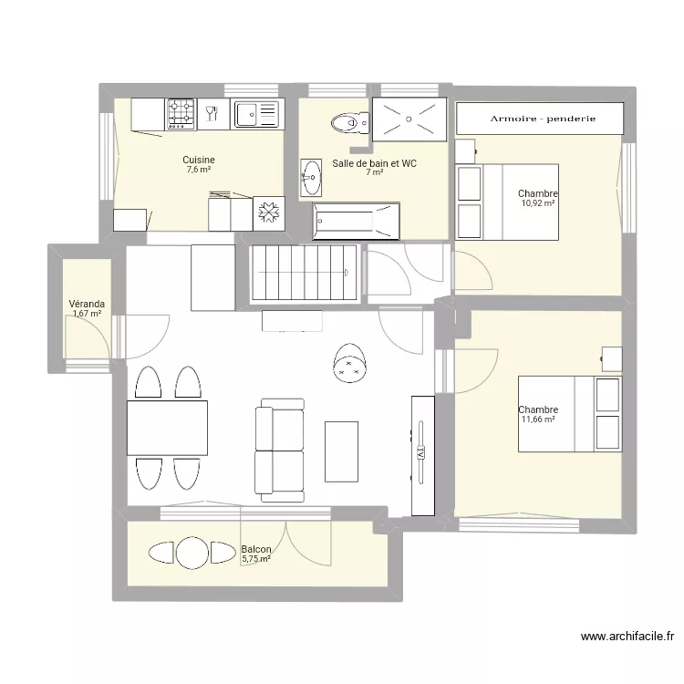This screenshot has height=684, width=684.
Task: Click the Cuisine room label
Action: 199,160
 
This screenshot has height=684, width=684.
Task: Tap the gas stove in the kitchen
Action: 181,114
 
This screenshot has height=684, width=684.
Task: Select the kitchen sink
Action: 256,114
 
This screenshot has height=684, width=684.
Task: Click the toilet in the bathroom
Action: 351,123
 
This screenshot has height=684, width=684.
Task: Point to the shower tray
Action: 409,119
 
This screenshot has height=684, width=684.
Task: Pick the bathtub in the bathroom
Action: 356,222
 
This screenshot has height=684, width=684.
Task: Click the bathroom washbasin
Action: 311,178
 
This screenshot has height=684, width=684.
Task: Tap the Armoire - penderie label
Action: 544,119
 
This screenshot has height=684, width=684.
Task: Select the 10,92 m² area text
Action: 538,202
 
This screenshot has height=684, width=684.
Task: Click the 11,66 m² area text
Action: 538,420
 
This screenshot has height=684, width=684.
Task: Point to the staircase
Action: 305,273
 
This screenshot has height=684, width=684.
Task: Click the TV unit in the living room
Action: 422,455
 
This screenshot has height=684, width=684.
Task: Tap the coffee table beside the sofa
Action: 342,451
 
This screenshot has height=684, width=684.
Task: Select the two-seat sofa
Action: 280,451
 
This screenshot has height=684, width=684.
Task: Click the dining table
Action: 167,428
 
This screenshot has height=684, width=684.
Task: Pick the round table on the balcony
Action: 192,553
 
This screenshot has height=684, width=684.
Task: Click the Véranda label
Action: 87,304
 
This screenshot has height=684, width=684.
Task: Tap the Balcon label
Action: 256,549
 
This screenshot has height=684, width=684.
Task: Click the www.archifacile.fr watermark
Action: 627,637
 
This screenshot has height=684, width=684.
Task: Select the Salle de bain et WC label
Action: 374,163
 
